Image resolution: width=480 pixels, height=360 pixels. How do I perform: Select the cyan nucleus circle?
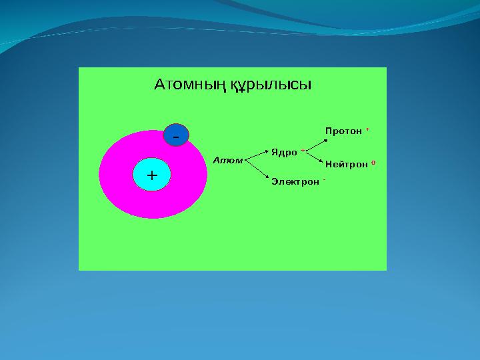coord(152,175)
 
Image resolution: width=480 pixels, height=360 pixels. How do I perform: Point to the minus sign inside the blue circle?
coord(176,136)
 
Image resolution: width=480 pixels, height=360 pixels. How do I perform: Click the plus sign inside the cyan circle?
coord(152,175)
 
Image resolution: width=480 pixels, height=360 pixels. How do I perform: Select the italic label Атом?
coord(227,161)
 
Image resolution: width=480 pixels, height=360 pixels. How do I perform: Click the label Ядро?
coord(284,152)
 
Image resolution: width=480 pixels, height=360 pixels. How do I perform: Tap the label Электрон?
coord(295,181)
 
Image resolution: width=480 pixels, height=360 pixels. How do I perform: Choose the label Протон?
coord(343,131)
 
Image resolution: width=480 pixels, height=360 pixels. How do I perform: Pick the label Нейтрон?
coord(346,164)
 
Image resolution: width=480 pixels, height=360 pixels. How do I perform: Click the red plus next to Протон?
coord(368,130)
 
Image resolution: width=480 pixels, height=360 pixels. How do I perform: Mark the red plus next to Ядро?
coord(303,151)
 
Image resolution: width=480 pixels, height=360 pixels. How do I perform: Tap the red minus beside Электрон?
coord(323,179)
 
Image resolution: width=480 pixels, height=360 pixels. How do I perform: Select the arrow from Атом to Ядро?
coord(256,156)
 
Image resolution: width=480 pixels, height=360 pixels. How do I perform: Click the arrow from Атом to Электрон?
coord(256,169)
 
